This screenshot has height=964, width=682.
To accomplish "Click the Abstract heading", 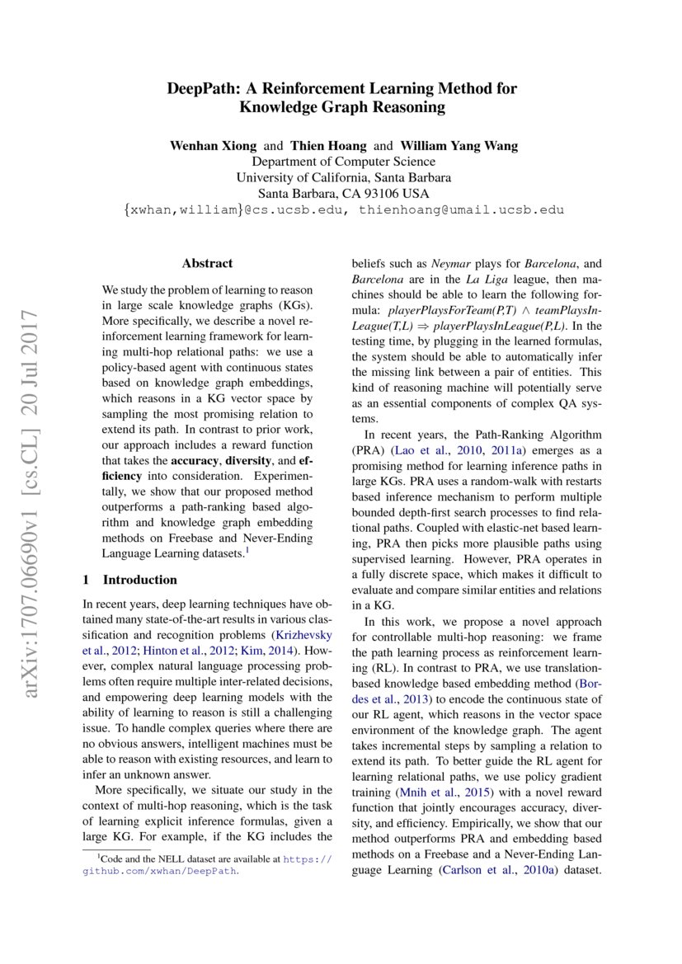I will point(207,264).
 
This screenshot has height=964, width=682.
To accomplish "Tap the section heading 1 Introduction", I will point(130,580).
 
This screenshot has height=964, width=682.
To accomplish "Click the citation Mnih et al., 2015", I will point(442,792).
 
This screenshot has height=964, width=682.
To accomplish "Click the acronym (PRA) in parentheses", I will point(368,450).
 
